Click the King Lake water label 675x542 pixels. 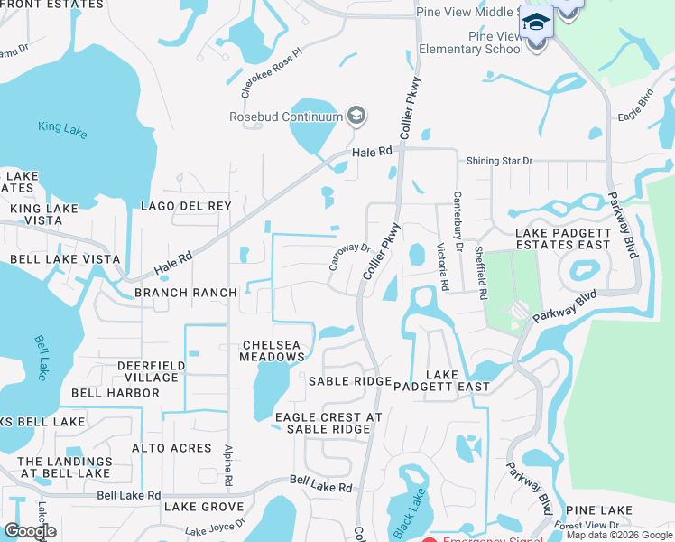pyautogui.click(x=62, y=128)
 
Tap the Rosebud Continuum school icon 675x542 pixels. pyautogui.click(x=356, y=115)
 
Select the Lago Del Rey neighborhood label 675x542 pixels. pyautogui.click(x=186, y=206)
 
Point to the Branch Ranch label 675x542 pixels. pyautogui.click(x=186, y=293)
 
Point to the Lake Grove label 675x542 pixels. pyautogui.click(x=204, y=507)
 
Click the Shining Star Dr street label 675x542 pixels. pyautogui.click(x=500, y=161)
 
